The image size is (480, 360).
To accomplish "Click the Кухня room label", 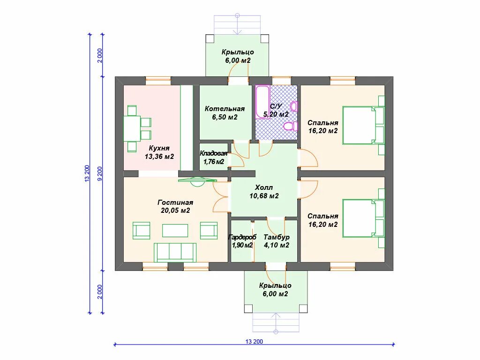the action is (x=159, y=148).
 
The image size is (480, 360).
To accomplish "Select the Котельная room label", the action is (x=225, y=109).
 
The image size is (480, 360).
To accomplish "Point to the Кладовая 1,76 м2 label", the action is (x=214, y=157).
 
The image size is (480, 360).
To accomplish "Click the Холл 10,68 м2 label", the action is (x=264, y=192).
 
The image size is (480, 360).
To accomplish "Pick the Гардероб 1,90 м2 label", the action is (x=242, y=241).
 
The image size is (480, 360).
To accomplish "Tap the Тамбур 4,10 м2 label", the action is (x=277, y=241).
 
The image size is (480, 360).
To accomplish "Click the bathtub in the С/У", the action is (x=262, y=102).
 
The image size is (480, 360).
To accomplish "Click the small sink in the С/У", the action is (x=294, y=106).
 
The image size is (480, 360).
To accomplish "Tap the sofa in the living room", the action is (x=175, y=253).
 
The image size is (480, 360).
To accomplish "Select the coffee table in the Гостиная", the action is (x=175, y=231).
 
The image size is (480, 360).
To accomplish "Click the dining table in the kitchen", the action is (x=132, y=128).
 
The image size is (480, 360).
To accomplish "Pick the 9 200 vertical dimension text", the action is (x=100, y=174).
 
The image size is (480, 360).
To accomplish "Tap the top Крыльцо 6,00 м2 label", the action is (x=238, y=56).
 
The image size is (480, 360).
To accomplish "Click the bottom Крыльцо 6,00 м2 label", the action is (x=275, y=290).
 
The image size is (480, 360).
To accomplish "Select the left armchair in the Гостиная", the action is (x=141, y=231).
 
